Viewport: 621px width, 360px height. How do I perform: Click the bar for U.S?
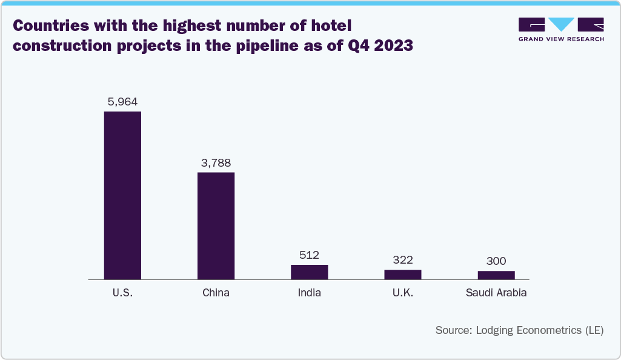click(x=122, y=195)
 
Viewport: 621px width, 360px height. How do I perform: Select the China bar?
click(x=216, y=225)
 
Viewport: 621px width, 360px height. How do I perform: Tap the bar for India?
click(x=309, y=272)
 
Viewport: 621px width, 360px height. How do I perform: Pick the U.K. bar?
click(x=402, y=275)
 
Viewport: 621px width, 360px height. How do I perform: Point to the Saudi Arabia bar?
click(x=496, y=275)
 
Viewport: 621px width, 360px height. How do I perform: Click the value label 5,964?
click(x=122, y=102)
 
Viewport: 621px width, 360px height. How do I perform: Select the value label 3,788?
click(x=216, y=162)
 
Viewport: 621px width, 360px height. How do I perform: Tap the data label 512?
click(x=309, y=255)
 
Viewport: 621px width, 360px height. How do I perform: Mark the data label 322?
click(x=402, y=260)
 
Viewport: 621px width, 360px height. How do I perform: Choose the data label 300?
click(x=496, y=261)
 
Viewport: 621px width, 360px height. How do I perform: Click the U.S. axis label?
click(x=122, y=293)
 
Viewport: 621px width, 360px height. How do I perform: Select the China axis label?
click(x=216, y=293)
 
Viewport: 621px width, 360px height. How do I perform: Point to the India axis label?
click(x=309, y=293)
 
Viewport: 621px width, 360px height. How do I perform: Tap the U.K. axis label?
click(x=402, y=293)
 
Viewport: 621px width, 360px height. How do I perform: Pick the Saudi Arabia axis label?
click(x=496, y=293)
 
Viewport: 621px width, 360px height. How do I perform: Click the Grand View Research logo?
click(x=561, y=29)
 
